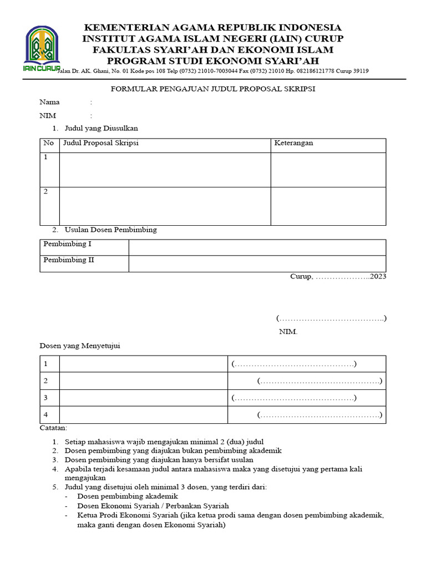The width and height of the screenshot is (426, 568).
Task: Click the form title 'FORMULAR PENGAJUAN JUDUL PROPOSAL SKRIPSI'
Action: coord(213,89)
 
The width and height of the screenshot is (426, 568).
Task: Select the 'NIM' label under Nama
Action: coord(48,115)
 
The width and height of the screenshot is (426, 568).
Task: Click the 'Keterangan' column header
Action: coord(294,143)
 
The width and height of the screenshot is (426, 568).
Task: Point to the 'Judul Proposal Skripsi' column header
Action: coord(102,143)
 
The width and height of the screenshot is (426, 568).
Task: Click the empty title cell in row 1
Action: coord(165,169)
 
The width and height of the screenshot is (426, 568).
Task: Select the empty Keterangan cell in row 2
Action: coord(328,206)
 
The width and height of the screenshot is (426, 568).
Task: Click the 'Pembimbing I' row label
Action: coord(68,244)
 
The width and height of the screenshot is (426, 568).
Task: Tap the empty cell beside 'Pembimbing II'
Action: coord(257,263)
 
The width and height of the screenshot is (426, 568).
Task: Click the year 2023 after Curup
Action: coord(378,276)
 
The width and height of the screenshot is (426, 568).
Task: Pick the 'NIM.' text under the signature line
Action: coord(288,332)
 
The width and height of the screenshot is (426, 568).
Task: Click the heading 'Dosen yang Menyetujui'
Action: coord(79,346)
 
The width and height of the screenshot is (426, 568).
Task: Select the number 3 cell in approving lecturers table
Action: coord(49,398)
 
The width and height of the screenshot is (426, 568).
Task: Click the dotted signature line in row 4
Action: coord(319,415)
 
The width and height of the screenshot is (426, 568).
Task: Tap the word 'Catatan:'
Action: coord(53,428)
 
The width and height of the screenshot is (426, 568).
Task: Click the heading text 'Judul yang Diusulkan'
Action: coord(101,128)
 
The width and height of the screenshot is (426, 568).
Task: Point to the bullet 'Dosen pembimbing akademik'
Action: coord(127,496)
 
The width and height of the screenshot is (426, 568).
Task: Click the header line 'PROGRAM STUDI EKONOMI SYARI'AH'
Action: coord(212,60)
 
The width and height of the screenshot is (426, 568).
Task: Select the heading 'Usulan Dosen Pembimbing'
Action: coord(111,230)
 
